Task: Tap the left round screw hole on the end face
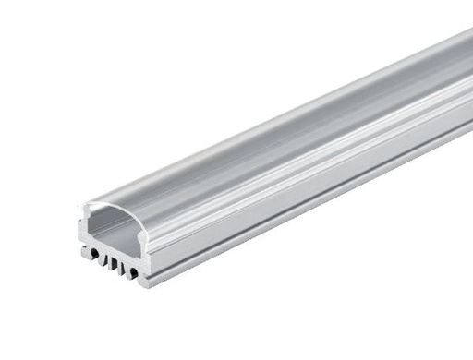point(96,254)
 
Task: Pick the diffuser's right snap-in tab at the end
point(140,236)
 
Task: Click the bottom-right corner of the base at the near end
point(145,283)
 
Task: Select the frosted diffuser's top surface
point(277,138)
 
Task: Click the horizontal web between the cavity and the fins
point(113,247)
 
